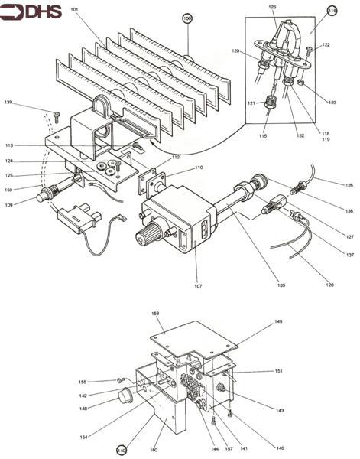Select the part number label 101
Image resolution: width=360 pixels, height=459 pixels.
75,11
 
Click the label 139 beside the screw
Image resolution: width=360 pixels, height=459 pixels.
8,102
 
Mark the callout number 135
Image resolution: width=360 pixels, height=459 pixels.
282,285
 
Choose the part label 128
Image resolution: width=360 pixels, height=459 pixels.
330,285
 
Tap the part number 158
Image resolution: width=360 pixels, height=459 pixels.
156,314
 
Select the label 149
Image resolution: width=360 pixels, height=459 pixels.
278,321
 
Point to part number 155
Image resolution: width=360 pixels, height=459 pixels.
83,381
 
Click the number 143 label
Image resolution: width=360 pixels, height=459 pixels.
280,410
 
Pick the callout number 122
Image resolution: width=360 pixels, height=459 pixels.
326,45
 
